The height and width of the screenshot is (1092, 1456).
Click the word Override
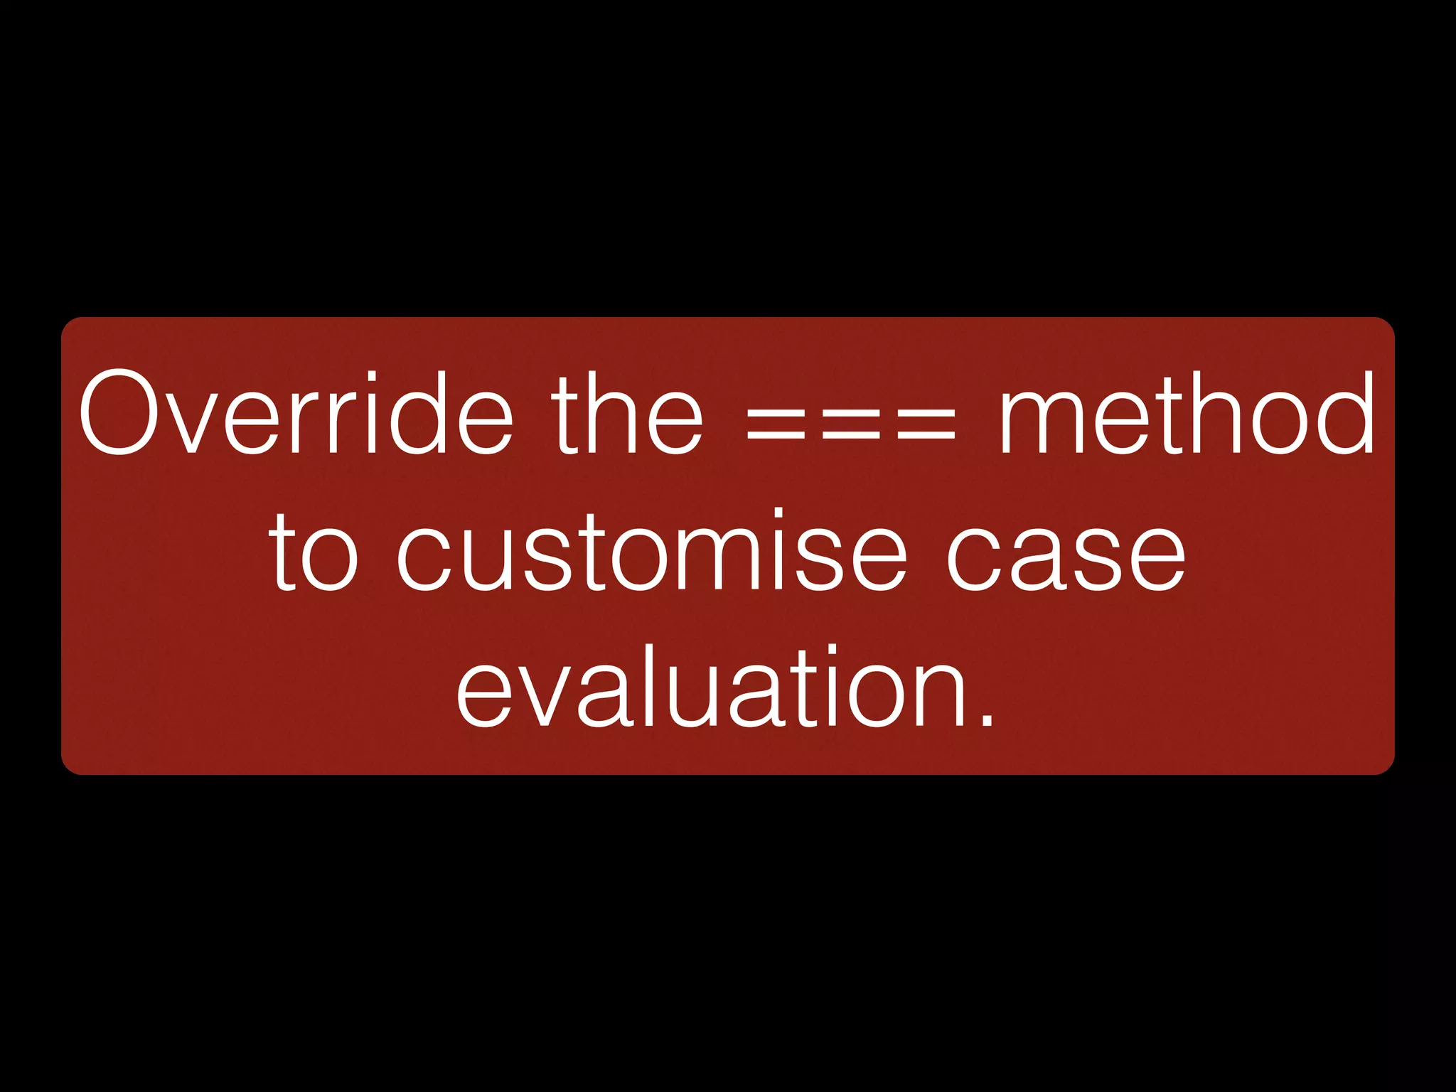tap(295, 413)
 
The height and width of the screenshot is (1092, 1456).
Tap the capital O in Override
tap(120, 413)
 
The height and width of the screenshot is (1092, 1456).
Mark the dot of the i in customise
tap(778, 513)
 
